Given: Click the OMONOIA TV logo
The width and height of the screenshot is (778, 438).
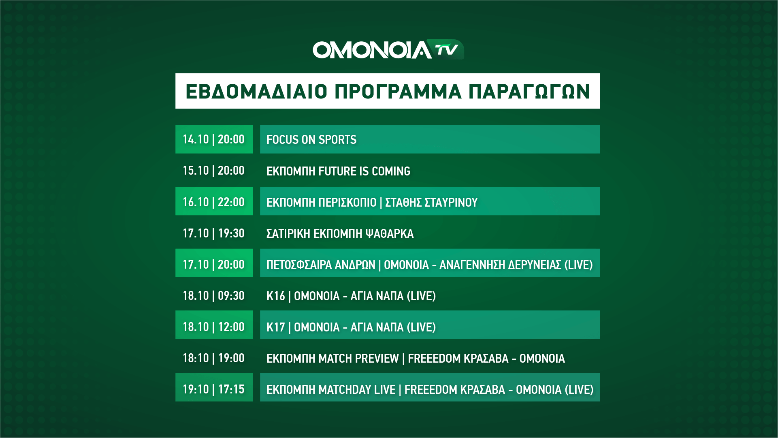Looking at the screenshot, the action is click(388, 50).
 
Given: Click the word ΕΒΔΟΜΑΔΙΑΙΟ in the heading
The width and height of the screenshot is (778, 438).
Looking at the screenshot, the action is click(256, 92).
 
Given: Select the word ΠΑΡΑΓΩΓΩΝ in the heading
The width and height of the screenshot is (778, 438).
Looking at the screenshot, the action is click(529, 92).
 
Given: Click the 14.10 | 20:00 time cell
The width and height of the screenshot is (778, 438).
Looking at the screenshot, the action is click(214, 139).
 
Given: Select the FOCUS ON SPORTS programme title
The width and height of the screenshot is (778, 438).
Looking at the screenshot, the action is click(311, 140).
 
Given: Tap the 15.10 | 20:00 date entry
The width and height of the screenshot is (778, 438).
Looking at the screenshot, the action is click(213, 171).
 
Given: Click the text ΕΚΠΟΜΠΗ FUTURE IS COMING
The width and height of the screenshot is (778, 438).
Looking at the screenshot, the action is click(338, 171).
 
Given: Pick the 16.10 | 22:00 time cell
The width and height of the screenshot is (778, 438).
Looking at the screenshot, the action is click(214, 201).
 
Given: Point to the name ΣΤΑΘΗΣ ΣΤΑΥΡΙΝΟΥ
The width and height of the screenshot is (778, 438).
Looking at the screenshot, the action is click(431, 202).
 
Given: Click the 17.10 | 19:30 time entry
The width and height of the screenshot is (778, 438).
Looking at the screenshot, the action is click(213, 233).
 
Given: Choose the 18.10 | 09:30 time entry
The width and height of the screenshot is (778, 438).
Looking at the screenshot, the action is click(213, 296).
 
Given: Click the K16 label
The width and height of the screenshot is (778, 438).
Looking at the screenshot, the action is click(276, 296).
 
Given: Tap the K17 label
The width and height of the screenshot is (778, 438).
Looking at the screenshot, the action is click(276, 327).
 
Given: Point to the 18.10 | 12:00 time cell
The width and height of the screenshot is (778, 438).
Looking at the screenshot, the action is click(214, 325).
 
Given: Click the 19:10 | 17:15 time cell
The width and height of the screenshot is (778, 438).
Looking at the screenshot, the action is click(214, 387).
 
